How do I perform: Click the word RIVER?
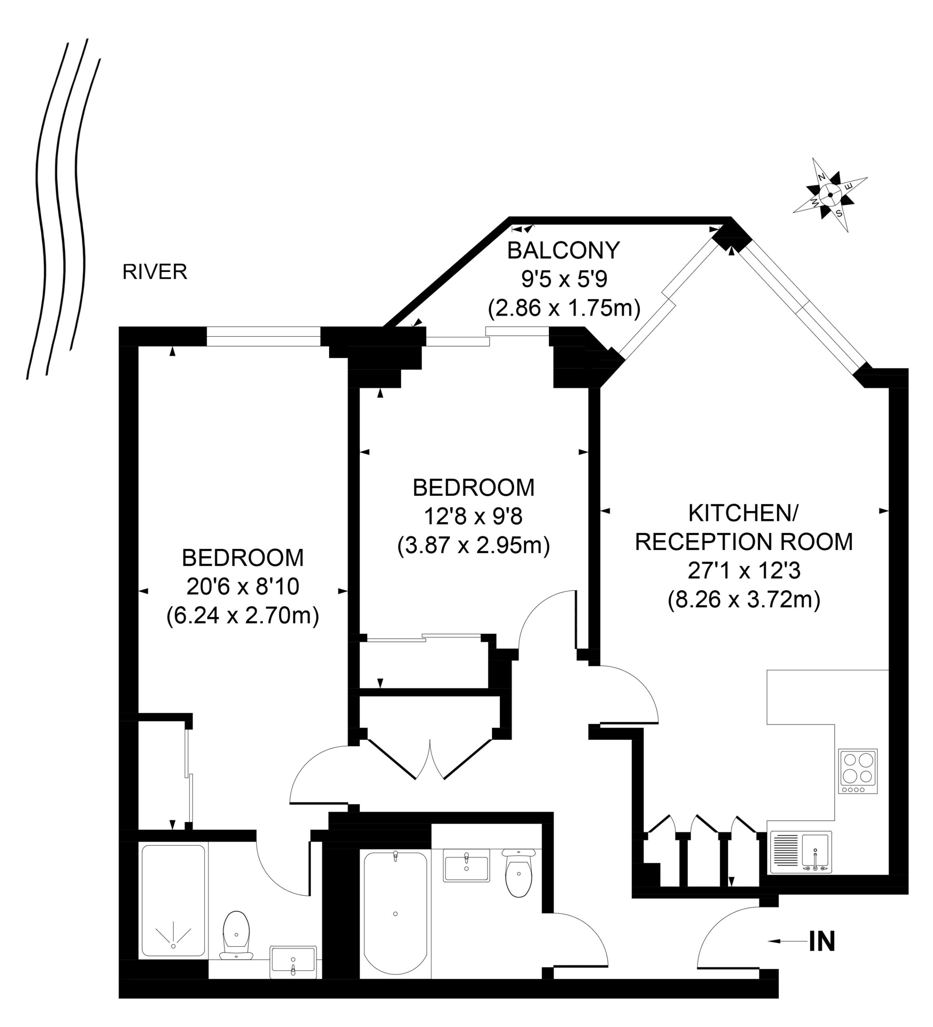point(155,272)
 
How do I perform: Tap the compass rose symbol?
point(830,195)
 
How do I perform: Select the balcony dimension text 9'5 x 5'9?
point(564,279)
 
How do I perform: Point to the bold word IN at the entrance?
point(822,942)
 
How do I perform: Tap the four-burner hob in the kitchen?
point(858,771)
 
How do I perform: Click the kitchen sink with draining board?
point(801,852)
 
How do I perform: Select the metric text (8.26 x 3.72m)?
point(744,600)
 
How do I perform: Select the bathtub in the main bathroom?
point(395,914)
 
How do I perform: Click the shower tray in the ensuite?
point(173,901)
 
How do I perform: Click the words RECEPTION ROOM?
point(744,542)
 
